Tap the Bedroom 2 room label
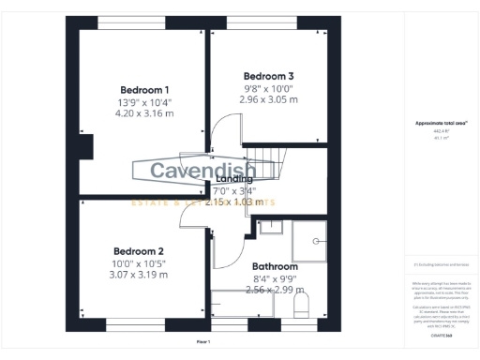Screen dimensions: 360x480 coord(139,250)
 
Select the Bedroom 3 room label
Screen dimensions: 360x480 coord(269,75)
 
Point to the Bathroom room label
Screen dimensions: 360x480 coord(276,266)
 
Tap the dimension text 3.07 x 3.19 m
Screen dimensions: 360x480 coord(139,275)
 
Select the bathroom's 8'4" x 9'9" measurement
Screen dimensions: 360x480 coord(276,278)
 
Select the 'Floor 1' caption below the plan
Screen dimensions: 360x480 coord(203,342)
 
